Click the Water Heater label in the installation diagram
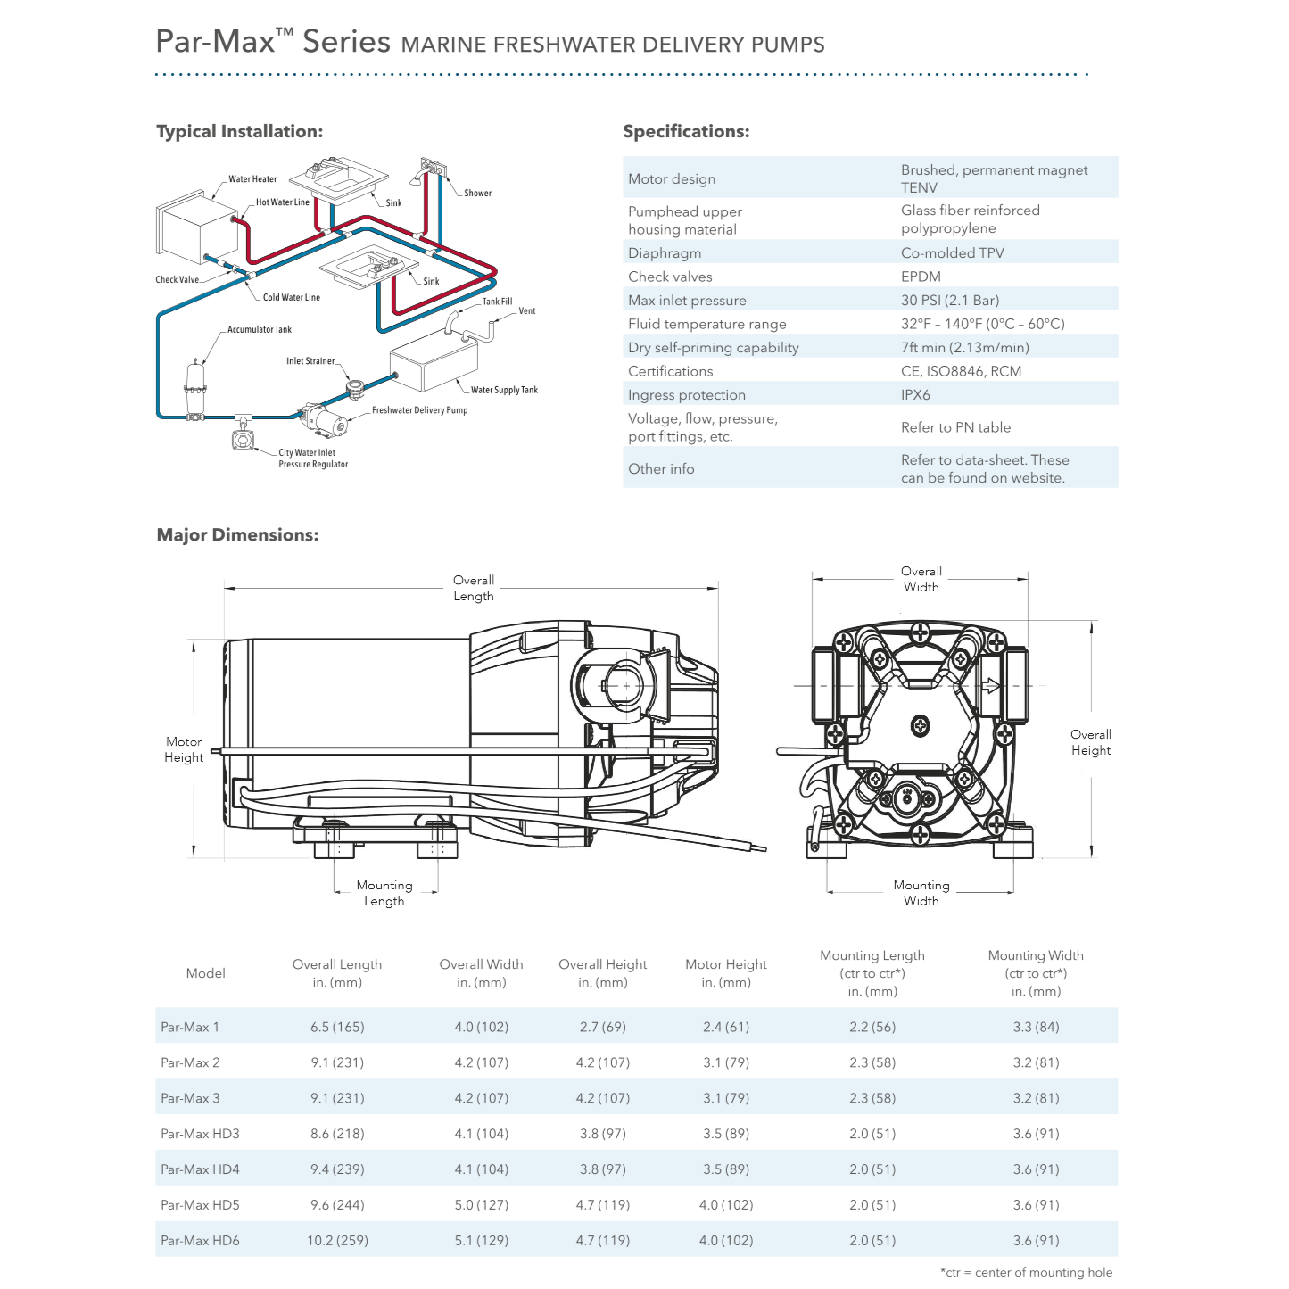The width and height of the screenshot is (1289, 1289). [x=252, y=179]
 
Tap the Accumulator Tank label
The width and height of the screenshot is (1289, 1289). [x=259, y=330]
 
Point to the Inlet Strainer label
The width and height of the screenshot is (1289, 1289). [x=310, y=361]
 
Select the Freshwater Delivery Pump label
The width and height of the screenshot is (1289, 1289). [x=419, y=410]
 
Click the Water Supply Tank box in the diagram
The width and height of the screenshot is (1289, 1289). [x=434, y=364]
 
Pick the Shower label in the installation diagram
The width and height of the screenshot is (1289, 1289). [x=477, y=193]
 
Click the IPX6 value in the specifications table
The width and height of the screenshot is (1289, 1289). [x=915, y=395]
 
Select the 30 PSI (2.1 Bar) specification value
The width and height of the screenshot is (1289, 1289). [x=949, y=301]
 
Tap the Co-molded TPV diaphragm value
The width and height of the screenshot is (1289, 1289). [x=952, y=253]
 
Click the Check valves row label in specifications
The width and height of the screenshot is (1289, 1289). [x=670, y=277]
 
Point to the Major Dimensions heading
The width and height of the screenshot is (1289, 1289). [x=237, y=535]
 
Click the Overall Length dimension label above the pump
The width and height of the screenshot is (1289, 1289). [x=473, y=588]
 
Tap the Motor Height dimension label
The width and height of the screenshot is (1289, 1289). [x=184, y=749]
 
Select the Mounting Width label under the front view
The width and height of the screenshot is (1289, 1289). [x=921, y=893]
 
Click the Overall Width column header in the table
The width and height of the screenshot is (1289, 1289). [x=481, y=973]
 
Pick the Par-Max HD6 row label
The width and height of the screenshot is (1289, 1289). [x=200, y=1241]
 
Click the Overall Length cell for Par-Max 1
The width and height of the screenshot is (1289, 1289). [x=337, y=1028]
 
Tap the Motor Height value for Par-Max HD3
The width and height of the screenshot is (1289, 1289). [x=725, y=1134]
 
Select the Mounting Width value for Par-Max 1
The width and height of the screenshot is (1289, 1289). [x=1036, y=1028]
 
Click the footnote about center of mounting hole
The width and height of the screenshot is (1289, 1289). [x=1026, y=1273]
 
